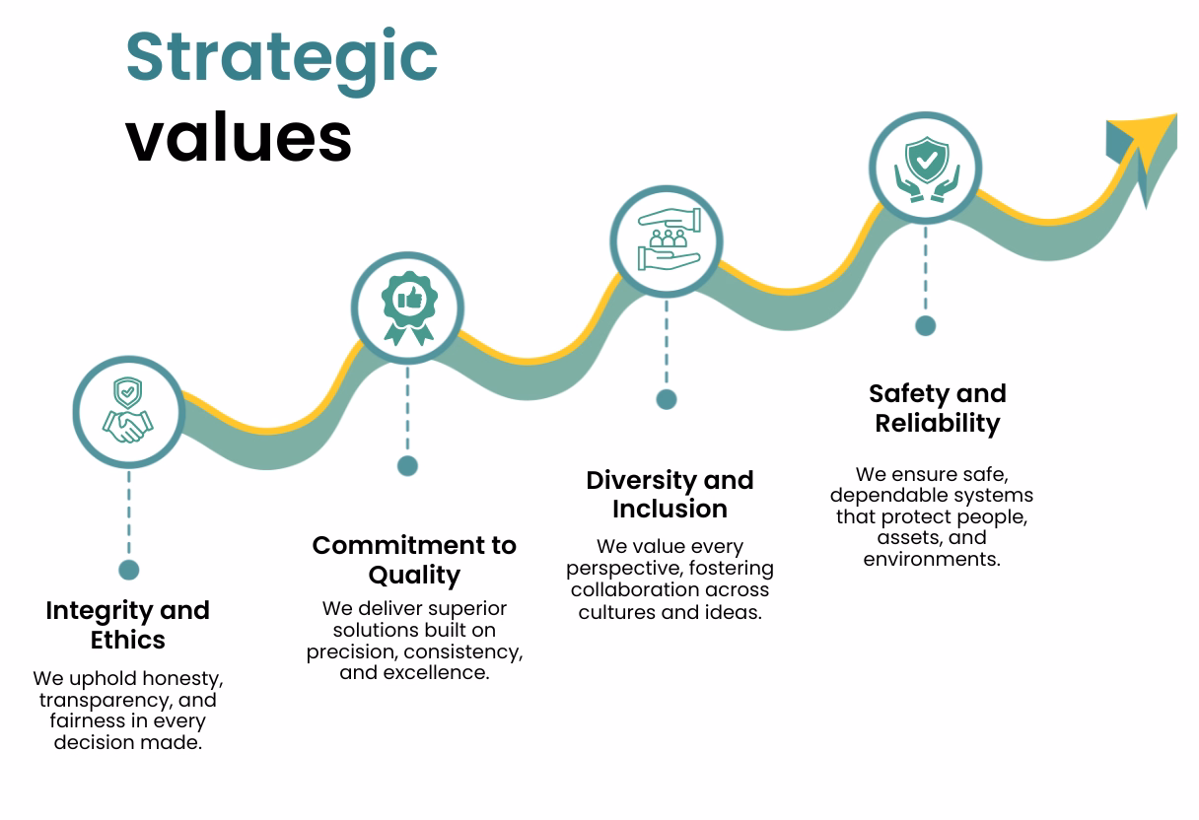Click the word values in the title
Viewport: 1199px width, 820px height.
(239, 137)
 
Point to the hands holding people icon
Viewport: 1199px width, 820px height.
(667, 240)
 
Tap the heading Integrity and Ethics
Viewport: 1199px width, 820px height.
(128, 625)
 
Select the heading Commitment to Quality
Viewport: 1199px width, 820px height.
(414, 560)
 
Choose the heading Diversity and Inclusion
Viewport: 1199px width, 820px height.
(670, 495)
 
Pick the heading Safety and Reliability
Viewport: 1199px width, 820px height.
(937, 408)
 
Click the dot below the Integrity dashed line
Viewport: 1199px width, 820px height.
(129, 570)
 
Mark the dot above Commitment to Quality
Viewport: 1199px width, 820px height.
(407, 465)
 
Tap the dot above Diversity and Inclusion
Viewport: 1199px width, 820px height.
(667, 399)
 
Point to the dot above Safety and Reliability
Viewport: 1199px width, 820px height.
(925, 325)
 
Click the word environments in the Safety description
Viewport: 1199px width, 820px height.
(931, 559)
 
